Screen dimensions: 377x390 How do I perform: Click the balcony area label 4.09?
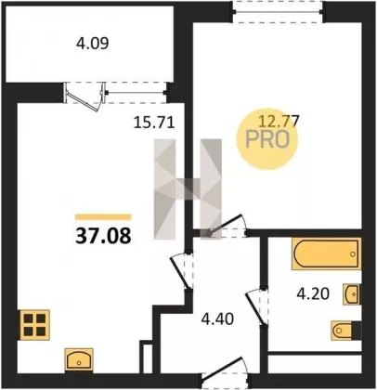coord(93,44)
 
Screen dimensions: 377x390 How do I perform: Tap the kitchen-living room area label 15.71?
coord(154,122)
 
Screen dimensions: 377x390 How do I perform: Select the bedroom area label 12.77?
coord(279,121)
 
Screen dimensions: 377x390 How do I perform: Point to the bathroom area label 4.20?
coord(313,293)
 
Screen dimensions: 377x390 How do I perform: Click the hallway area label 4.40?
coord(217,318)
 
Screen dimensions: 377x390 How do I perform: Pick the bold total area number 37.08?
coord(103,236)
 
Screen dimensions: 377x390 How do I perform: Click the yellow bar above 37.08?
coord(103,217)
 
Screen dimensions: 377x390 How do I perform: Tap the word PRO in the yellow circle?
coord(267,139)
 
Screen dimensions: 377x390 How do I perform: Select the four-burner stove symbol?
coord(35,325)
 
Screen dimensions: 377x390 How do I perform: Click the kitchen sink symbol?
coord(79,359)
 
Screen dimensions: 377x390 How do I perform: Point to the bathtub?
coord(326,253)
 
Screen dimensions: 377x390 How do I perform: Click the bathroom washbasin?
coord(352,293)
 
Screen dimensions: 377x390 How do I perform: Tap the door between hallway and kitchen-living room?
coord(182,271)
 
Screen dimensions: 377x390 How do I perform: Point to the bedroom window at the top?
coord(279,12)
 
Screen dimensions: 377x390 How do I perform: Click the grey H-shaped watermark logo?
coord(188,189)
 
